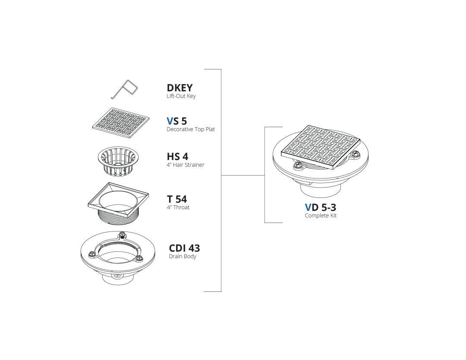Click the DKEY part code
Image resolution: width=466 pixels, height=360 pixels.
click(x=179, y=88)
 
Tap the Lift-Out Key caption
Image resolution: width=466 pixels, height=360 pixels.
click(x=181, y=96)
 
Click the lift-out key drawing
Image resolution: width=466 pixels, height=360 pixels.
click(x=124, y=89)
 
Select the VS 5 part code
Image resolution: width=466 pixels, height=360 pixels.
click(x=177, y=121)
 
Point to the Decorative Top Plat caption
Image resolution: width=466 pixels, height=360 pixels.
click(x=191, y=129)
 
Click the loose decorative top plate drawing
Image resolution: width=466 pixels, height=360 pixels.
click(x=121, y=123)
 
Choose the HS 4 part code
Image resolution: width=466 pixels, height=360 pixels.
click(x=177, y=157)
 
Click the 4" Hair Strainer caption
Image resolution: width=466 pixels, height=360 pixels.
click(x=186, y=165)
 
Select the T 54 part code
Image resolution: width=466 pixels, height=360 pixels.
click(x=177, y=199)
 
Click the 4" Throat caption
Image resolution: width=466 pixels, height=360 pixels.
click(x=178, y=207)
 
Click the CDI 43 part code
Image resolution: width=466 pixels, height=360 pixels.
click(x=184, y=248)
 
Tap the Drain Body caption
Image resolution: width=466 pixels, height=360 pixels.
click(x=183, y=257)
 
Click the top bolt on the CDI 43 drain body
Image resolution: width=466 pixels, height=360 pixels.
click(x=121, y=236)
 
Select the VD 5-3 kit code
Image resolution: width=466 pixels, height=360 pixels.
click(x=320, y=207)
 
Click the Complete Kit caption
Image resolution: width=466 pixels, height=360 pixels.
click(x=321, y=216)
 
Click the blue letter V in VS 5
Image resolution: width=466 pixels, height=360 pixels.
click(x=170, y=121)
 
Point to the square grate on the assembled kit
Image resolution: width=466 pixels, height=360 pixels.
click(x=321, y=147)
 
